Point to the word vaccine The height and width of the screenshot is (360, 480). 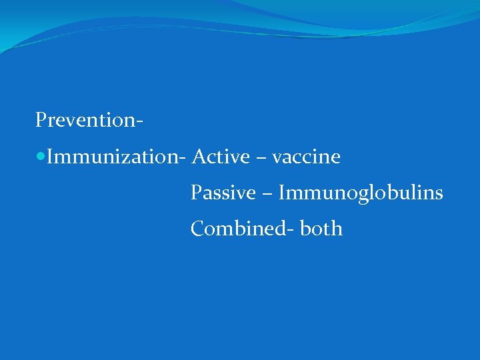pyautogui.click(x=306, y=157)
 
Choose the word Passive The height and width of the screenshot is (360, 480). pyautogui.click(x=223, y=193)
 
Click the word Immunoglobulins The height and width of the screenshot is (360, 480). pyautogui.click(x=361, y=193)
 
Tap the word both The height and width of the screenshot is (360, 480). pyautogui.click(x=321, y=229)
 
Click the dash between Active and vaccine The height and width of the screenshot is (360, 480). pyautogui.click(x=259, y=159)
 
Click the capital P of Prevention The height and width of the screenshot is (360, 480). pyautogui.click(x=41, y=121)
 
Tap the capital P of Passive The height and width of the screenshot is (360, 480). pyautogui.click(x=195, y=193)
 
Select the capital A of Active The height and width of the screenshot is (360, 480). pyautogui.click(x=197, y=157)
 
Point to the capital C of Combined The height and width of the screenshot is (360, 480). pyautogui.click(x=197, y=229)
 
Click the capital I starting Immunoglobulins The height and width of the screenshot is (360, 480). pyautogui.click(x=282, y=193)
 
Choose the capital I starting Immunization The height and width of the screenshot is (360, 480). pyautogui.click(x=51, y=157)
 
